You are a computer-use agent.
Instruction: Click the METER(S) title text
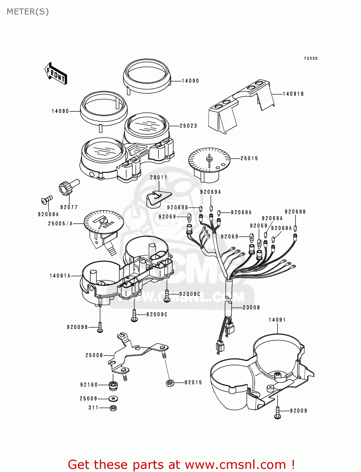pos(28,12)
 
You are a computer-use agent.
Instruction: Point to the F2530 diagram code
pos(311,59)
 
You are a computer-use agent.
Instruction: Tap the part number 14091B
pos(293,94)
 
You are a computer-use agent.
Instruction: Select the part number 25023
pos(188,126)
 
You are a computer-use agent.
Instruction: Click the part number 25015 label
pos(249,159)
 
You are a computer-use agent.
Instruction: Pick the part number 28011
pos(158,177)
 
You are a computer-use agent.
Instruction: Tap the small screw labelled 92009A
pos(47,199)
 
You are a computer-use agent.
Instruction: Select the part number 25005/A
pos(60,224)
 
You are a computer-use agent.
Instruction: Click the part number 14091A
pos(60,276)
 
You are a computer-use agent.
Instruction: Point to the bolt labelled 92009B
pos(100,328)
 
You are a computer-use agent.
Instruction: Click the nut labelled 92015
pos(169,383)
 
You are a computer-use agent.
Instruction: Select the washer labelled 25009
pos(113,399)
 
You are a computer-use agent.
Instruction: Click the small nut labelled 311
pos(113,408)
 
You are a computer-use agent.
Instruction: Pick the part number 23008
pos(251,307)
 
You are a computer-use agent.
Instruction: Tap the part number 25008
pos(94,355)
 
